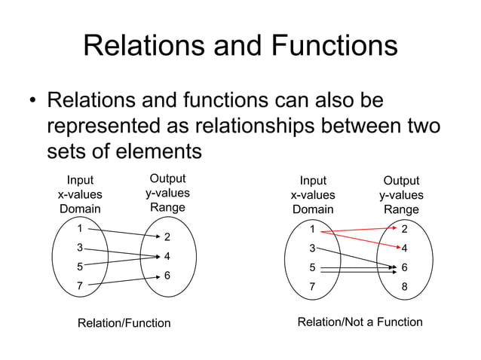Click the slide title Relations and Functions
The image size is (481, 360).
coord(240,45)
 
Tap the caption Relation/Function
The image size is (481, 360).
coord(124,323)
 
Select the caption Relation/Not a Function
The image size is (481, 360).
coord(360,322)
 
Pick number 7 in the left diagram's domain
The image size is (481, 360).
coord(80,285)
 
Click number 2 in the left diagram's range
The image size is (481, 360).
coord(167,237)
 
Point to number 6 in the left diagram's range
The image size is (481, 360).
coord(167,276)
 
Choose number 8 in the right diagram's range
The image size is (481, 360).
coord(404,286)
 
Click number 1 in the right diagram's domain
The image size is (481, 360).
coord(314,228)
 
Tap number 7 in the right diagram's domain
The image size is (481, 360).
coord(314,286)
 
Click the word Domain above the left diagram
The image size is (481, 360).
coord(80,209)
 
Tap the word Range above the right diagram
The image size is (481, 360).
coord(401,209)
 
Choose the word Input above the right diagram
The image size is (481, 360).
coord(313,181)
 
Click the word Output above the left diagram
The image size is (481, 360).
coord(167,179)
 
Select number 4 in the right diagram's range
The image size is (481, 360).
coord(404,248)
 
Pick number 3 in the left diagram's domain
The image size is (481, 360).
coord(80,247)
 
